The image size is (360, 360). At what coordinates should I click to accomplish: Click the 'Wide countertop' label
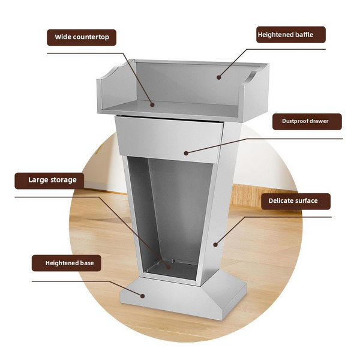click(82, 37)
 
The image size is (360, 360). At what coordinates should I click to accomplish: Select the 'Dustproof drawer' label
click(305, 121)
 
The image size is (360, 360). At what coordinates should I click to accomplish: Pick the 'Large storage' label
click(49, 179)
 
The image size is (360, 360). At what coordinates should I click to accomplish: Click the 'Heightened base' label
click(65, 263)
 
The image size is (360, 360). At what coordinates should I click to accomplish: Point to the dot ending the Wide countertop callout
click(152, 104)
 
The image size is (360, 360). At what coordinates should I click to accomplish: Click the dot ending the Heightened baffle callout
click(219, 77)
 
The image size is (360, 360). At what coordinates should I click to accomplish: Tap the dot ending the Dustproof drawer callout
click(186, 153)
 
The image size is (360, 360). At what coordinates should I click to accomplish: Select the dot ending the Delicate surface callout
click(215, 244)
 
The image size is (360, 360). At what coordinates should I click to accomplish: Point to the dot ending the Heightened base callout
click(143, 295)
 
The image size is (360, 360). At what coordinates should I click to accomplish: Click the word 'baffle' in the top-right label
click(303, 35)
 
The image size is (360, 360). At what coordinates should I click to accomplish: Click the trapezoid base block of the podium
click(180, 297)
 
